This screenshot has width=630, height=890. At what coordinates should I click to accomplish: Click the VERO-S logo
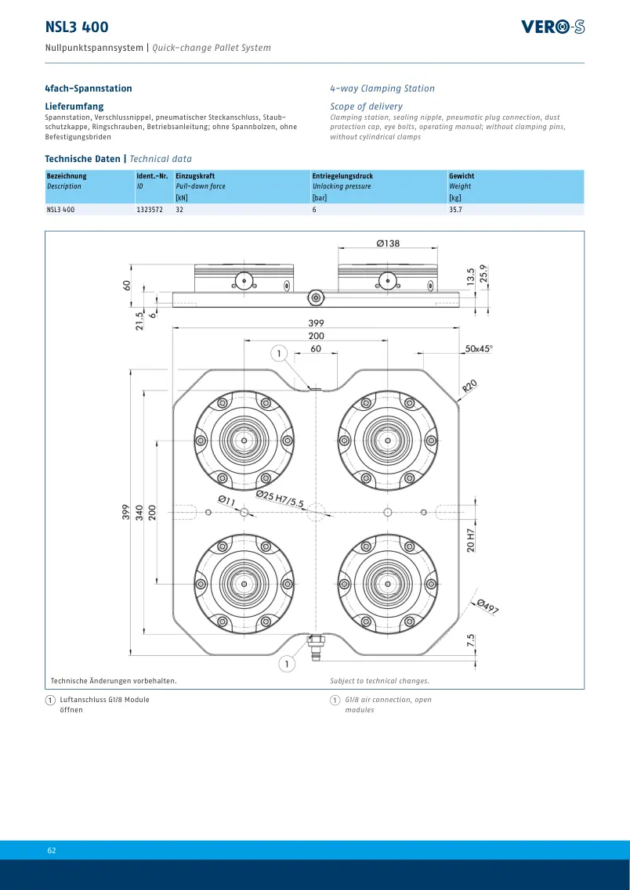point(552,27)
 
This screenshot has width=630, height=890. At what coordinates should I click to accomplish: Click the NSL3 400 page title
point(77,27)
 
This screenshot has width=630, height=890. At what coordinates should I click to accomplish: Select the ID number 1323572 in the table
point(150,210)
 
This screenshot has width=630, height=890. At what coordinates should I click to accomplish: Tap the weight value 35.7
point(455,210)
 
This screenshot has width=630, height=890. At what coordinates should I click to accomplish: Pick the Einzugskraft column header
point(195,176)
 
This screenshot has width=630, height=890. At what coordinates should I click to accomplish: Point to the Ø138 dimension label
point(388,243)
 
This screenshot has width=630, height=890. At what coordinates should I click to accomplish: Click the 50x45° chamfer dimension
point(479,348)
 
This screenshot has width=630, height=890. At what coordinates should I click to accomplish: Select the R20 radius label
point(470,386)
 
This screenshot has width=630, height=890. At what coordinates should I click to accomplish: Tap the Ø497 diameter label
point(487,607)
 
